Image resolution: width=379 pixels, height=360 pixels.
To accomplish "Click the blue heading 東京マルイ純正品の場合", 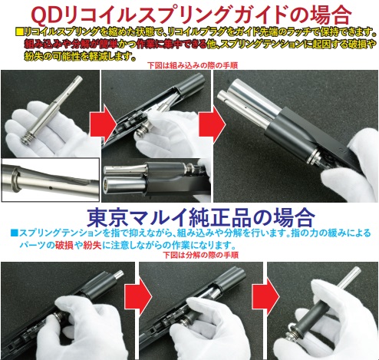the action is click(x=201, y=218).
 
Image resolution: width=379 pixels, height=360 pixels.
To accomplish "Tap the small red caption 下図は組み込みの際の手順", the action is click(x=193, y=65).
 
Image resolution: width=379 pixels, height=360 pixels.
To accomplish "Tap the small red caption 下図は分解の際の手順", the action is click(x=201, y=255).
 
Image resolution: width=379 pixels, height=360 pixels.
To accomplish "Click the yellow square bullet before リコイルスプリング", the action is click(x=20, y=32).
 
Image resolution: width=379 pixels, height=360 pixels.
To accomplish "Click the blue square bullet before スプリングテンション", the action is click(x=15, y=233).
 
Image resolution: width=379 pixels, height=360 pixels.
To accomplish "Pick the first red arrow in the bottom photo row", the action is click(x=138, y=297).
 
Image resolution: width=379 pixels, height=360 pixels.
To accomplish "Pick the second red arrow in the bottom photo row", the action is click(x=265, y=297).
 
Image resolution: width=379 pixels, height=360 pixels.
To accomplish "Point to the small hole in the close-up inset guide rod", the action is click(x=51, y=188).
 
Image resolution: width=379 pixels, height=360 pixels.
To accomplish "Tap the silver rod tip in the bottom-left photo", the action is click(x=118, y=275).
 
